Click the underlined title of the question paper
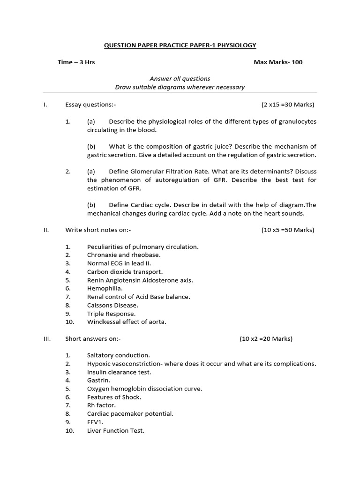[x=180, y=45]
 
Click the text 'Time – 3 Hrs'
[x=76, y=62]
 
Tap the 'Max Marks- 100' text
[x=278, y=62]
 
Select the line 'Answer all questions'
[x=180, y=79]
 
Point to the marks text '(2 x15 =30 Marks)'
[x=288, y=105]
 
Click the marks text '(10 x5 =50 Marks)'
[x=288, y=230]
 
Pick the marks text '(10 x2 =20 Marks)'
[x=266, y=338]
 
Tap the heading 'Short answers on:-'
[x=93, y=338]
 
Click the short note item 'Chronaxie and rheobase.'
[x=124, y=255]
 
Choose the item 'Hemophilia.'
[x=105, y=288]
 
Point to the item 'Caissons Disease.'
[x=112, y=305]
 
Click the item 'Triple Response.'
[x=112, y=314]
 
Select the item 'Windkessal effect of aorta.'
[x=127, y=322]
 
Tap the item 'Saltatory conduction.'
[x=119, y=355]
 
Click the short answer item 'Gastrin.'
[x=98, y=380]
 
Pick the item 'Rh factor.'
[x=101, y=405]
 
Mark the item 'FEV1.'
[x=96, y=422]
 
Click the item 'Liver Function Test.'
[x=116, y=430]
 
